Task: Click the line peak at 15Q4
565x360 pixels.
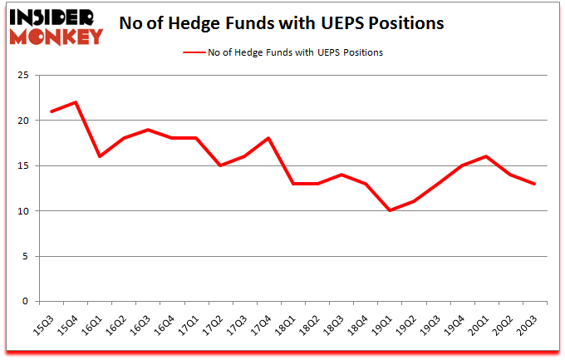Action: point(76,102)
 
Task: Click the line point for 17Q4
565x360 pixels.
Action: point(269,139)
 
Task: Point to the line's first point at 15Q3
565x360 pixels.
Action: point(52,111)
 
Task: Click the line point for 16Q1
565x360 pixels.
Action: point(100,156)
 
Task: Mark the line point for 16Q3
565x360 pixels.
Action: point(148,130)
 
